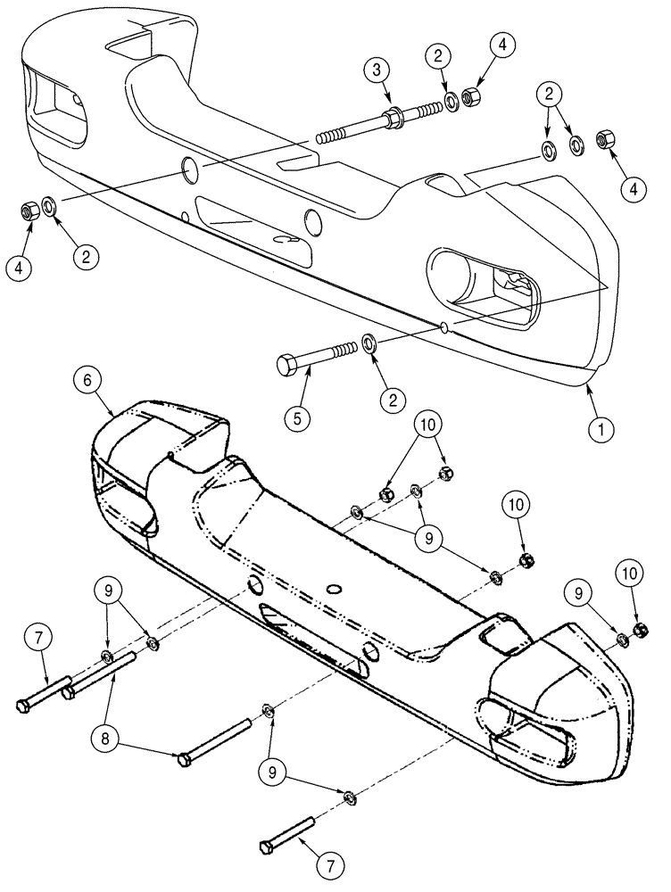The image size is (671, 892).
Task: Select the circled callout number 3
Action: pyautogui.click(x=377, y=70)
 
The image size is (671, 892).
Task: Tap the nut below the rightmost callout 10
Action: pyautogui.click(x=639, y=632)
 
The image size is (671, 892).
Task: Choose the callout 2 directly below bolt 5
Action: pyautogui.click(x=389, y=401)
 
